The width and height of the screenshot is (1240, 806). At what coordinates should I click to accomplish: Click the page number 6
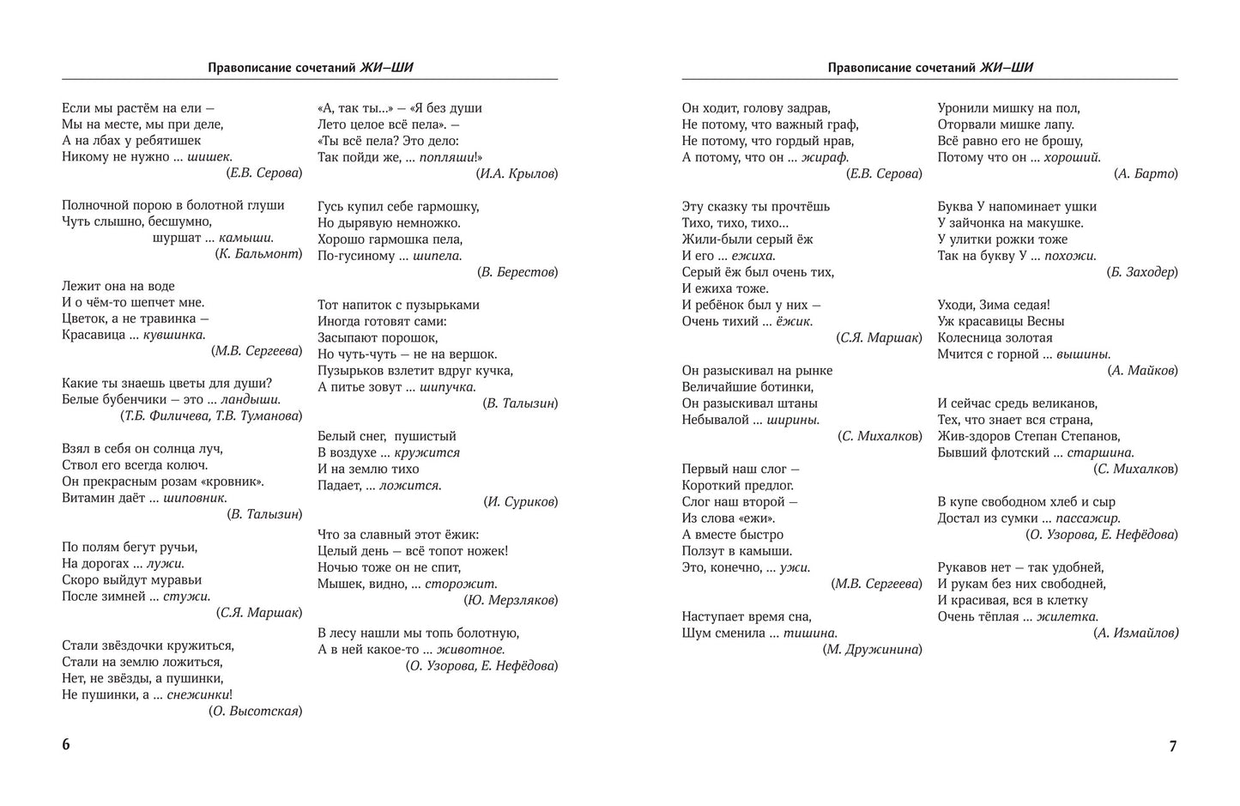point(66,744)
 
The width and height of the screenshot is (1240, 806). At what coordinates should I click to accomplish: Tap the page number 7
point(1172,746)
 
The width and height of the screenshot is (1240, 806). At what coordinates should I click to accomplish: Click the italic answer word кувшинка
point(174,335)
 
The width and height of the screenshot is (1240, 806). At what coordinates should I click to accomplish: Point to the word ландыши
point(251,399)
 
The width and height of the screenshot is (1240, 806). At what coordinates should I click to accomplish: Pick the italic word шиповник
point(197,498)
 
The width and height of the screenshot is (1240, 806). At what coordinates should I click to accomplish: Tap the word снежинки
point(199,694)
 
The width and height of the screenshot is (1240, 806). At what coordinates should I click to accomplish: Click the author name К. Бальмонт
point(258,254)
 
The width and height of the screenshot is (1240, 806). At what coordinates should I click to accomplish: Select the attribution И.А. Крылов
point(517,173)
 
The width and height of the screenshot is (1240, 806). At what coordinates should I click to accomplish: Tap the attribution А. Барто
point(1146,173)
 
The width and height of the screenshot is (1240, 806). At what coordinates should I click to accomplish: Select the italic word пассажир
point(1088,518)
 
